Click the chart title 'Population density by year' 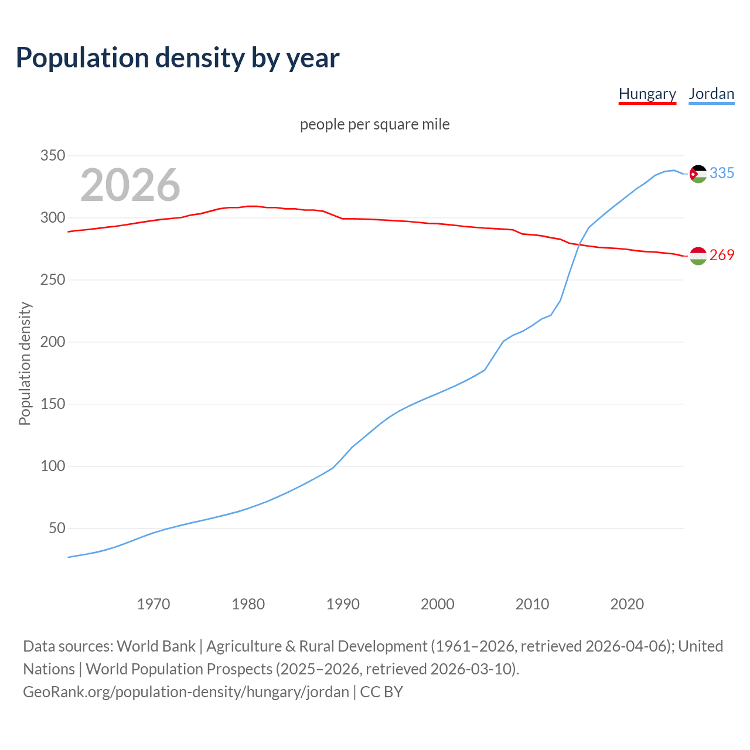(178, 57)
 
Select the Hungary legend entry (647, 94)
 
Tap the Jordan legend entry (711, 94)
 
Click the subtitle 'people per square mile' (375, 124)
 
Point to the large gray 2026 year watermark (130, 185)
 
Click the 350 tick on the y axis (52, 156)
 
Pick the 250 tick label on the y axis (52, 280)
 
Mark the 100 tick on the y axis (52, 466)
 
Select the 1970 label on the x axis (154, 604)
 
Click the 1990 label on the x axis (343, 604)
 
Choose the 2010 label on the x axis (532, 604)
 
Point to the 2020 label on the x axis (627, 604)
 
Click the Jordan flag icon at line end (698, 173)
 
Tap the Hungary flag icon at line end (698, 255)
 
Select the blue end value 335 (722, 173)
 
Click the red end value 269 (722, 255)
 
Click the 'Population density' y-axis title (25, 363)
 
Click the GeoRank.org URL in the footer (186, 692)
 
